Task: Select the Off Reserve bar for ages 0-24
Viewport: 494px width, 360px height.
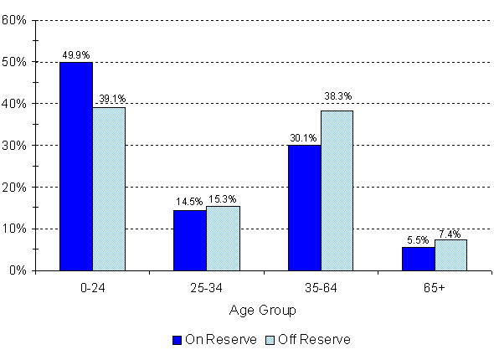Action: pyautogui.click(x=109, y=188)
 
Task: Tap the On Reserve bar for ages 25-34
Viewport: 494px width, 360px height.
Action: pyautogui.click(x=189, y=240)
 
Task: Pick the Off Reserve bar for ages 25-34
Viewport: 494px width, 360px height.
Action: pyautogui.click(x=223, y=239)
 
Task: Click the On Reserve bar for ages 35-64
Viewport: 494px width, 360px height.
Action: pyautogui.click(x=304, y=208)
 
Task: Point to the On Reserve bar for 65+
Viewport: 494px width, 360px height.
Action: pyautogui.click(x=418, y=259)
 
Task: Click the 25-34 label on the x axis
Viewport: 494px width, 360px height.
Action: pyautogui.click(x=207, y=288)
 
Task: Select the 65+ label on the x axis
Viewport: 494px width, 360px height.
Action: pyautogui.click(x=435, y=288)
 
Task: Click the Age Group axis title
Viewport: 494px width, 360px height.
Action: pyautogui.click(x=263, y=310)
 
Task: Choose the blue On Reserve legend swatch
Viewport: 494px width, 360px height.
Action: pyautogui.click(x=177, y=340)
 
